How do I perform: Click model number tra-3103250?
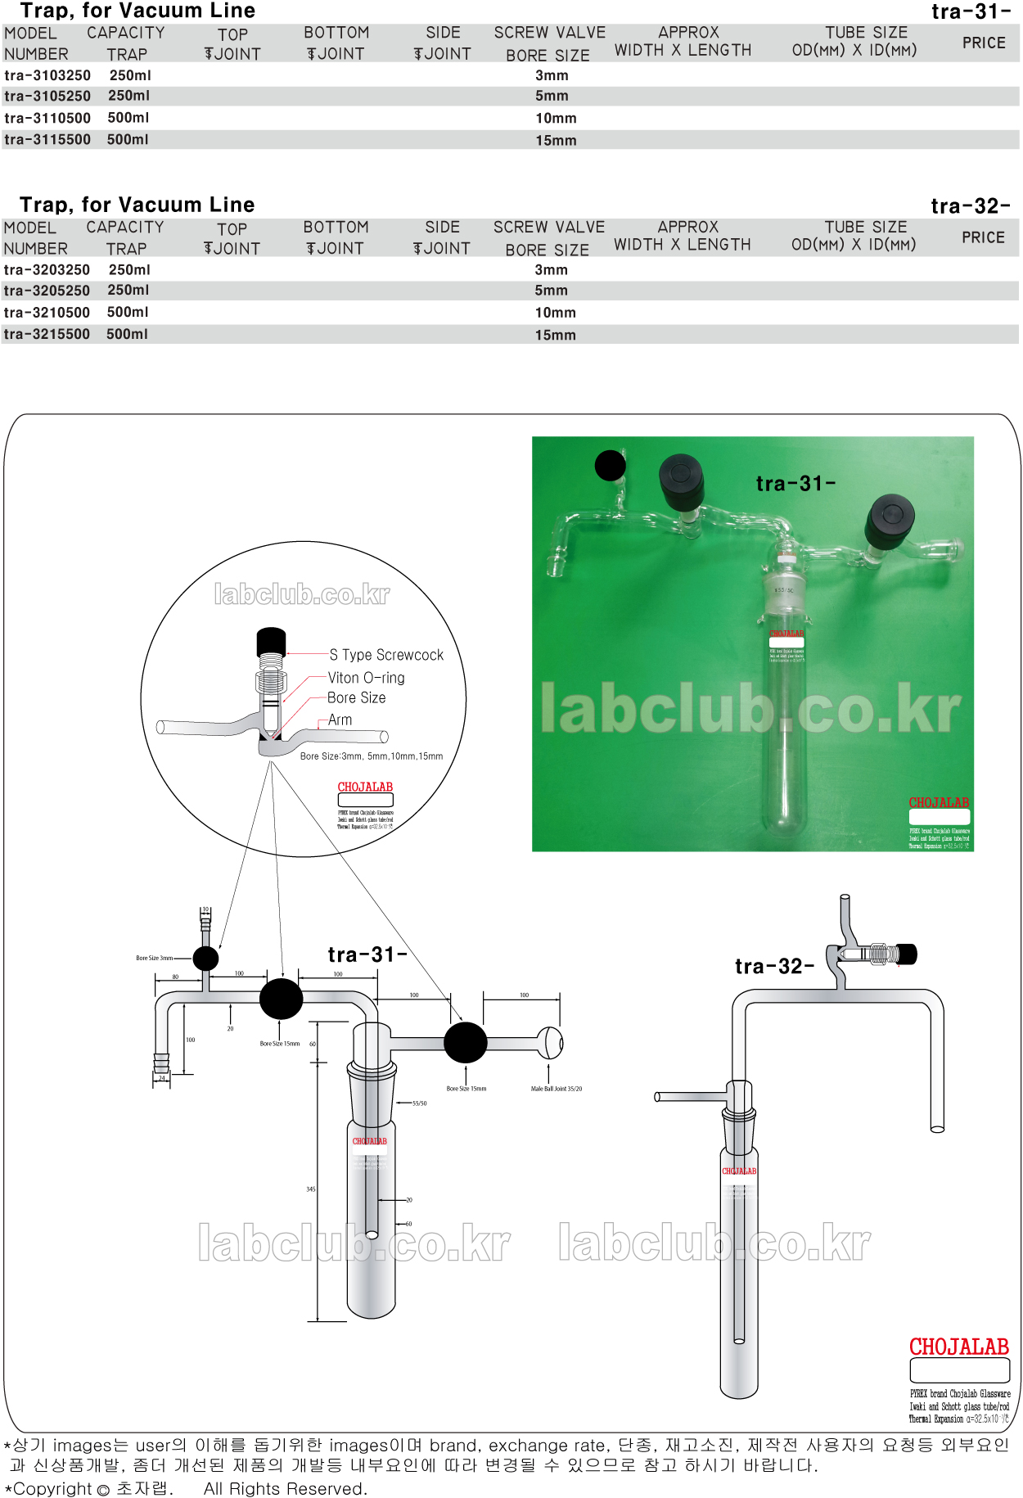pyautogui.click(x=47, y=75)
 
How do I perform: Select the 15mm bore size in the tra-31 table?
pyautogui.click(x=556, y=141)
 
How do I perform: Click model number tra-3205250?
pyautogui.click(x=47, y=291)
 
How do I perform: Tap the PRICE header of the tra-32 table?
pyautogui.click(x=983, y=237)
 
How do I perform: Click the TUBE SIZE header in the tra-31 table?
pyautogui.click(x=866, y=33)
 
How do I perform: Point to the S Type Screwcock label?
pyautogui.click(x=386, y=655)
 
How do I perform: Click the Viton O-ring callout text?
pyautogui.click(x=366, y=678)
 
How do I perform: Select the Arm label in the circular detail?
pyautogui.click(x=340, y=720)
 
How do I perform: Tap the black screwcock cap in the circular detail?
pyautogui.click(x=271, y=640)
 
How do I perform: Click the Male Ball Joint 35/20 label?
pyautogui.click(x=557, y=1089)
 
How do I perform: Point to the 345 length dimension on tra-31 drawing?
pyautogui.click(x=311, y=1189)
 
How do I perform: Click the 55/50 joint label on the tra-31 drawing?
pyautogui.click(x=419, y=1103)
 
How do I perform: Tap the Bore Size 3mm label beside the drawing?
pyautogui.click(x=154, y=958)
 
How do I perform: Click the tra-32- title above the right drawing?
pyautogui.click(x=774, y=967)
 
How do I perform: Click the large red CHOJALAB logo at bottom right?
pyautogui.click(x=958, y=1347)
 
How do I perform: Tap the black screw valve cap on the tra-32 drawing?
pyautogui.click(x=907, y=954)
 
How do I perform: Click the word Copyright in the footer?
pyautogui.click(x=52, y=1489)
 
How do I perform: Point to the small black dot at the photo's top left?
pyautogui.click(x=610, y=466)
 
